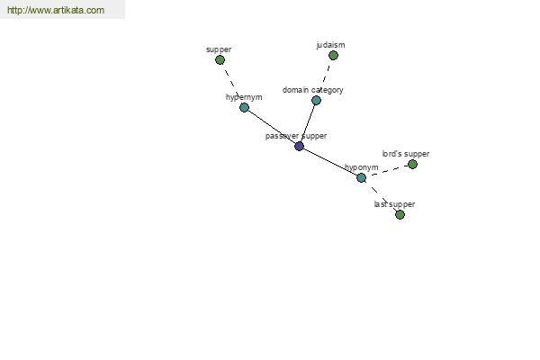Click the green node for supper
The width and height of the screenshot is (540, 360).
[x=220, y=60]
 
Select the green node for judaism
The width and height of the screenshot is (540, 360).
[x=333, y=56]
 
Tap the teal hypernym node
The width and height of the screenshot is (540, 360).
[x=244, y=107]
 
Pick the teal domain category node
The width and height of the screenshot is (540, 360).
[x=316, y=100]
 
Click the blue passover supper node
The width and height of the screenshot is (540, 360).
[x=300, y=146]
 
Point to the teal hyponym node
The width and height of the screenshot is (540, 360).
[x=361, y=178]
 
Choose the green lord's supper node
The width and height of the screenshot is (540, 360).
[x=412, y=165]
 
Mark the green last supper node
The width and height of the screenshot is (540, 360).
[x=400, y=214]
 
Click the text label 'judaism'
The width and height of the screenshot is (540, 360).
[x=330, y=45]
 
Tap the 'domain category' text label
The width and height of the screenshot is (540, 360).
[x=312, y=90]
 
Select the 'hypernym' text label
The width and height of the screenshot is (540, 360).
[x=244, y=97]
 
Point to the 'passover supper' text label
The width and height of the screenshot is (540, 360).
[x=296, y=136]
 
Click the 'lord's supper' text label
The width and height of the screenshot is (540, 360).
[x=406, y=154]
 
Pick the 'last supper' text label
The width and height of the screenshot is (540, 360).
[x=394, y=204]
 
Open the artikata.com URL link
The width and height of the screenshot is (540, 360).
[x=56, y=10]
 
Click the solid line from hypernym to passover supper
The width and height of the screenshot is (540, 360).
[x=272, y=127]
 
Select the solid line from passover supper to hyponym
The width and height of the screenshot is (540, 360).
[x=330, y=162]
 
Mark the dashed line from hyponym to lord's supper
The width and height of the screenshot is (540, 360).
[x=387, y=171]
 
